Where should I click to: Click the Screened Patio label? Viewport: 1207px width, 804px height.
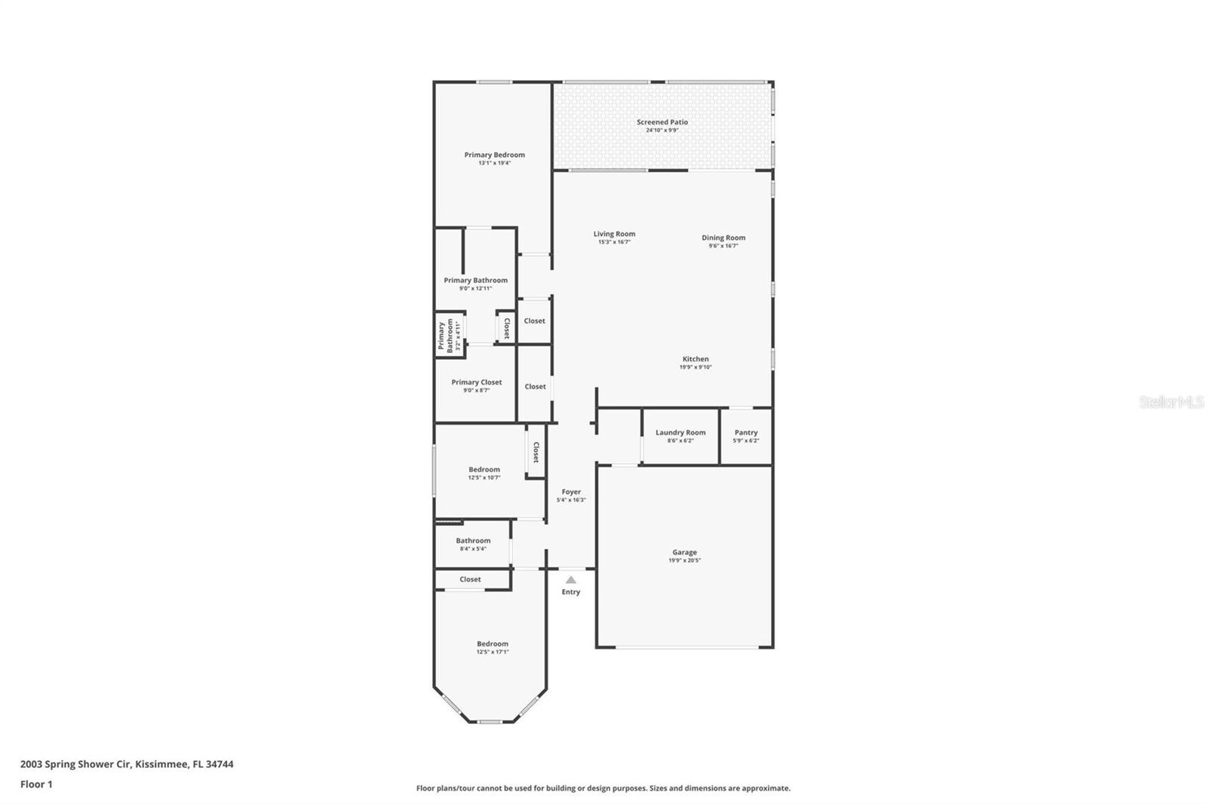(x=662, y=122)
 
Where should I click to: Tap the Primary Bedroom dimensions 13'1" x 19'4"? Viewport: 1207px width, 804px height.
(x=494, y=163)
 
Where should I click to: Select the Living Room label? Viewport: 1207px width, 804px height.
(x=614, y=234)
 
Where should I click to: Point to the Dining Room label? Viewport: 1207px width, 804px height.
(x=723, y=238)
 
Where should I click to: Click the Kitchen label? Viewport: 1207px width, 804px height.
(x=695, y=359)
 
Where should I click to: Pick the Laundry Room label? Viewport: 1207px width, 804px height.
(x=680, y=432)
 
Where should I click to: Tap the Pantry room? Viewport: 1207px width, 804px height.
(x=745, y=436)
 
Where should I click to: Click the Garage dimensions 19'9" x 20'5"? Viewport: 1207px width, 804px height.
(x=684, y=560)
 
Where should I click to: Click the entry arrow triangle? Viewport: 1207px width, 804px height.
(x=571, y=579)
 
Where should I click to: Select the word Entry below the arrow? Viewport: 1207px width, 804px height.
(x=571, y=592)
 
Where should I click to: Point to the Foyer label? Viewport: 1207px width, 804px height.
(x=571, y=492)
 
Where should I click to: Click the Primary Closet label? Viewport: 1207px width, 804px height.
(x=476, y=382)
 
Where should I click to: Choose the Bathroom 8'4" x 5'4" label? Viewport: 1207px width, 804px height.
(x=473, y=544)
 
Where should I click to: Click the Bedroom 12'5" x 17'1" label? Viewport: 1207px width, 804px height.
(x=492, y=647)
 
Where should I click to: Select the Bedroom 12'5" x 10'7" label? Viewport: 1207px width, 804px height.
(x=484, y=473)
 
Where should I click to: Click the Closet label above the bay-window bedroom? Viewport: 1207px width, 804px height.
(x=470, y=579)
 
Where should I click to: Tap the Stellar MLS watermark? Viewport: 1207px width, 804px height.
(x=1171, y=403)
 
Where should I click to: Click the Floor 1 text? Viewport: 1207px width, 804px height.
(x=36, y=784)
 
